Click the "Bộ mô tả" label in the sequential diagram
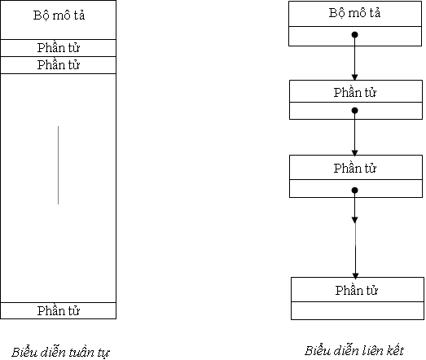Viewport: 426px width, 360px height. (59, 15)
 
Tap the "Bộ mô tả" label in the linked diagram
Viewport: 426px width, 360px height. (354, 13)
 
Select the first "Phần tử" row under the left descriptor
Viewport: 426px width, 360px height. (59, 48)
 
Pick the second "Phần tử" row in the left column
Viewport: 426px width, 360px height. (59, 65)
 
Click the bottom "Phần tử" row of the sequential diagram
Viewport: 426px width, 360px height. (59, 310)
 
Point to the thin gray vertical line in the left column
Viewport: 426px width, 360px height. (58, 165)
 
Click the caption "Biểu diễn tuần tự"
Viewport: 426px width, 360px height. (60, 353)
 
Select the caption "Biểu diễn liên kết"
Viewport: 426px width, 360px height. (354, 350)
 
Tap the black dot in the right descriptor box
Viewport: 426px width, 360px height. (354, 35)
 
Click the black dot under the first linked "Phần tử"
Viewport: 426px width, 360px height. (354, 111)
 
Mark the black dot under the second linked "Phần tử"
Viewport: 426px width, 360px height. (354, 191)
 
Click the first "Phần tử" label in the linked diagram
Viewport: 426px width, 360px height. (355, 93)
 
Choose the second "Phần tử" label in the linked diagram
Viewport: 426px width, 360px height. (355, 169)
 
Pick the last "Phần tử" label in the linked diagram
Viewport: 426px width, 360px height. (356, 291)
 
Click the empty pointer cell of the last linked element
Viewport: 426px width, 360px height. (358, 310)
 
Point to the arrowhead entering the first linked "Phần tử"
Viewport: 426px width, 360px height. (354, 77)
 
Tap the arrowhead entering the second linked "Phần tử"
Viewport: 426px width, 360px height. (354, 152)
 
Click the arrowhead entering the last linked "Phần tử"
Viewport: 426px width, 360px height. (355, 275)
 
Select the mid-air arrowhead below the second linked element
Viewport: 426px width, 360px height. (354, 220)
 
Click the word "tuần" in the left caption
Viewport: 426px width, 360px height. (81, 353)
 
